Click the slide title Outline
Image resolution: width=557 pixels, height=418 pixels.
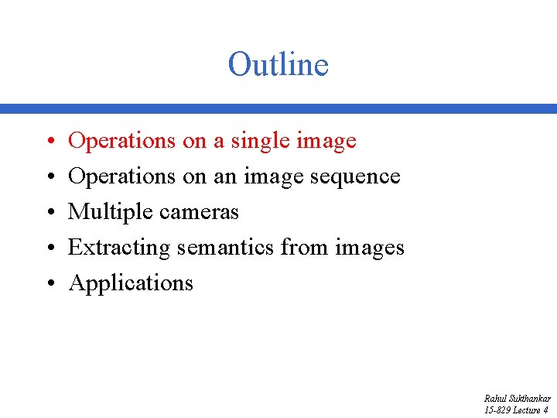point(278,64)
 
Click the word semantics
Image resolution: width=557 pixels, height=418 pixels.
point(226,248)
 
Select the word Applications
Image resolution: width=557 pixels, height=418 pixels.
point(131,283)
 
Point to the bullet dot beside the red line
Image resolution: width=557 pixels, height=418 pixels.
point(48,142)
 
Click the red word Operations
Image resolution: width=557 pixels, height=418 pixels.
point(122,141)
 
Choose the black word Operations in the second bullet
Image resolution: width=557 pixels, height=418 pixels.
point(122,176)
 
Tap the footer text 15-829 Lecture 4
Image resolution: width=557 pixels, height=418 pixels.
point(516,409)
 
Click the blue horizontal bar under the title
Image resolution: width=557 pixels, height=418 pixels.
point(278,109)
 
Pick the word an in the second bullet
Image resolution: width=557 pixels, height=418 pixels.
point(225,176)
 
